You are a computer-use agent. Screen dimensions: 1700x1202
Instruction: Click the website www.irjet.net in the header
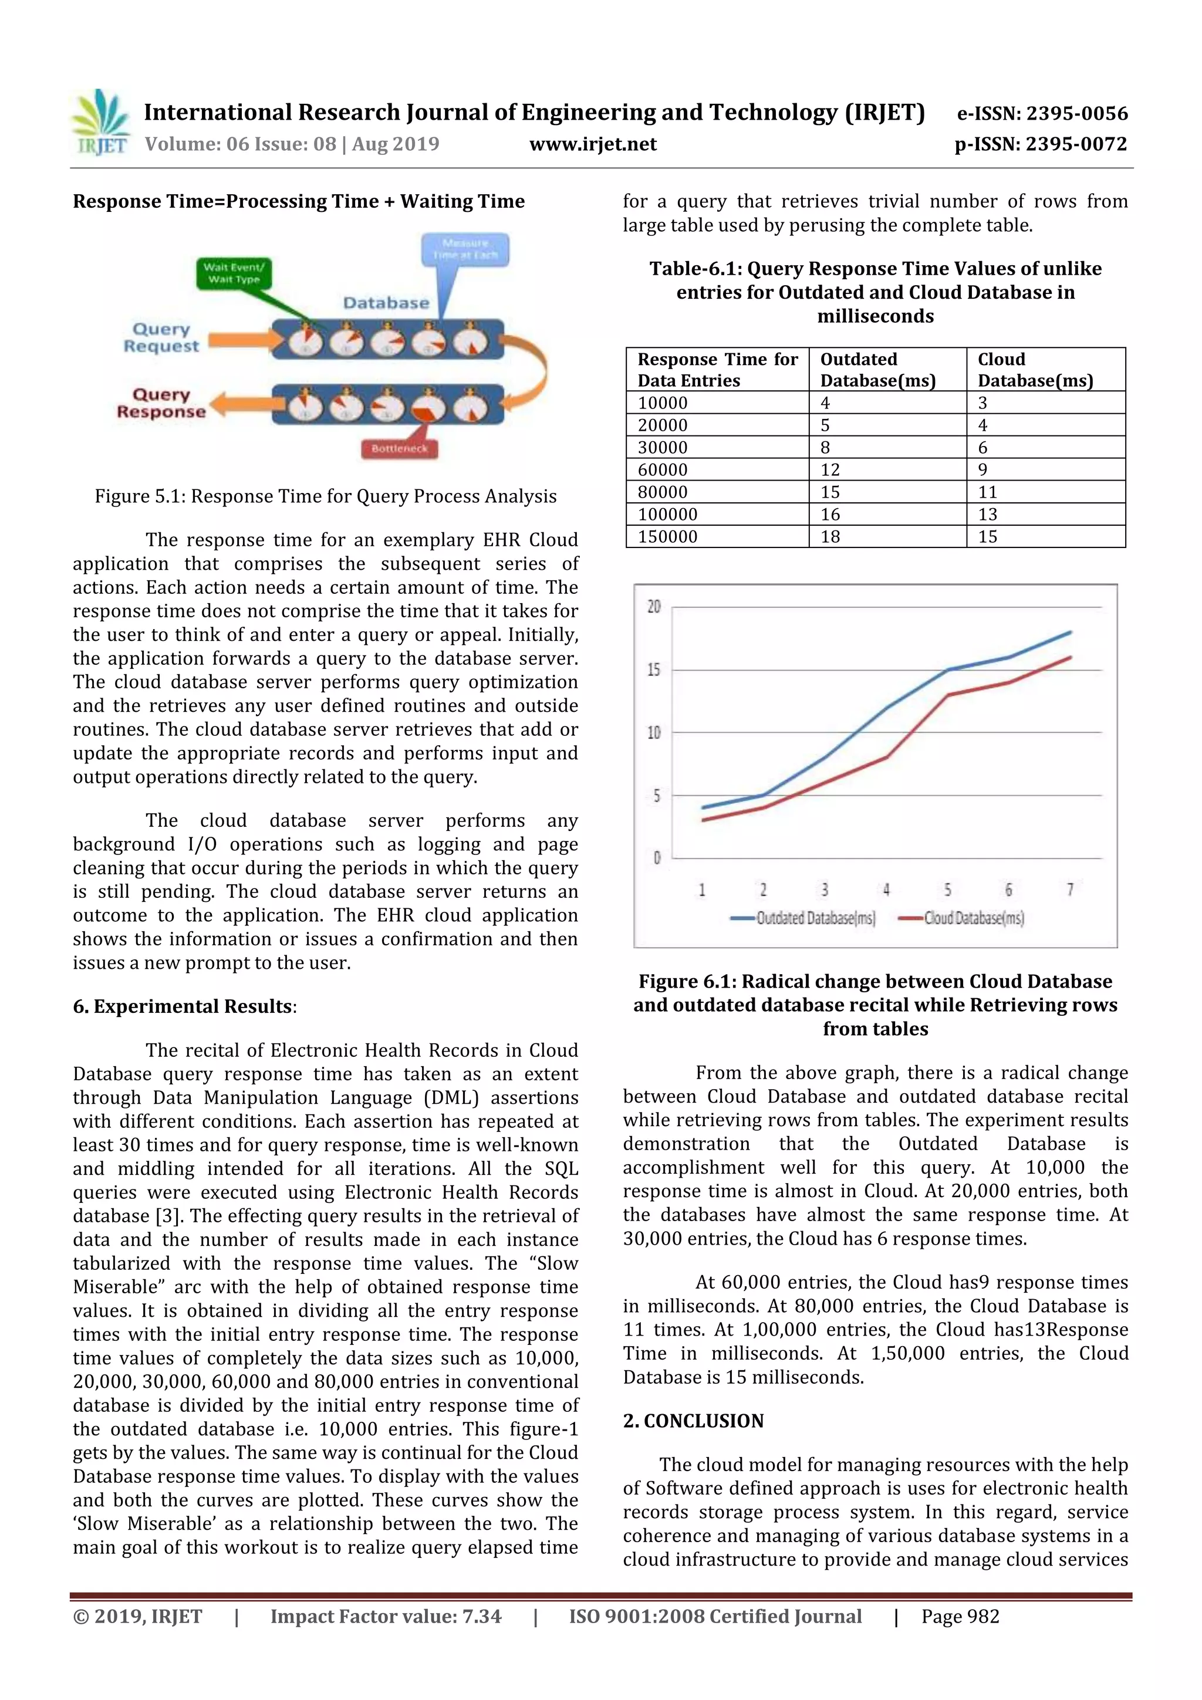coord(592,144)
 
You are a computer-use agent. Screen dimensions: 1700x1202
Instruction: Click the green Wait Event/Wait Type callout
coord(234,273)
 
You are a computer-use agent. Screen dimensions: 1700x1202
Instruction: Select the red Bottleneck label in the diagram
coord(399,448)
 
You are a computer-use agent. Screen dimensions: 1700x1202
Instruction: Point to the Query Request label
coord(161,337)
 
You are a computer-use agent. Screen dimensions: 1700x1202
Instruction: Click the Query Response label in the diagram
coord(161,404)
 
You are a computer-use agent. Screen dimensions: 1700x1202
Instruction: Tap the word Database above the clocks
coord(386,303)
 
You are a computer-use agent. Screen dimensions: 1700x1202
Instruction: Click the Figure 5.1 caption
coord(325,496)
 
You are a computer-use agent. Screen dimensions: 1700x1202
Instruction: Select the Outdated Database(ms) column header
coord(877,370)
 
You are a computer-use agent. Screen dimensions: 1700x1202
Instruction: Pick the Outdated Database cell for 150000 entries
coord(830,537)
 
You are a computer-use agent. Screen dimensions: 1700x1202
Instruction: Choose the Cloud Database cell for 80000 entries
coord(988,492)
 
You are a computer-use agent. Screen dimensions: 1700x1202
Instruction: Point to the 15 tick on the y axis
coord(653,670)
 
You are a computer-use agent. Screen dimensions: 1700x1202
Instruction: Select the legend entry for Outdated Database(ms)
coord(803,918)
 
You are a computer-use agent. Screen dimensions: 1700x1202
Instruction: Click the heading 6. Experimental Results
coord(184,1006)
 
